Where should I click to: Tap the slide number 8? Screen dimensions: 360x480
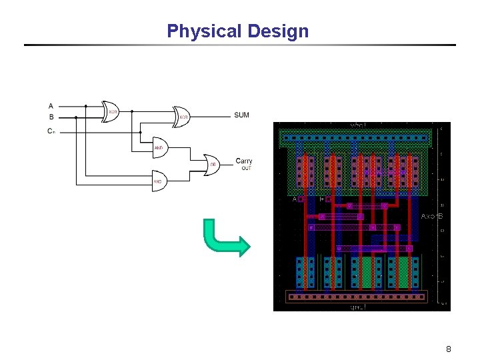pyautogui.click(x=449, y=349)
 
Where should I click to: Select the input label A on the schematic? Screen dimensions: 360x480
pyautogui.click(x=51, y=105)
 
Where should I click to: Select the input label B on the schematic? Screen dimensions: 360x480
pyautogui.click(x=51, y=117)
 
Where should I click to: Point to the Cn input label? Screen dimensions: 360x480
pyautogui.click(x=51, y=131)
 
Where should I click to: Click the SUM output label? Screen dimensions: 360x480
pyautogui.click(x=242, y=115)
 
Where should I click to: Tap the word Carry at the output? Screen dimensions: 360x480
pyautogui.click(x=244, y=161)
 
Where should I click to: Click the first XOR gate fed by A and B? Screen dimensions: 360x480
pyautogui.click(x=111, y=112)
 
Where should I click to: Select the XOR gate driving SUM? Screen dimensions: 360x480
pyautogui.click(x=181, y=117)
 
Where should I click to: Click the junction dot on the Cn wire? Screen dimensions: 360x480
pyautogui.click(x=141, y=132)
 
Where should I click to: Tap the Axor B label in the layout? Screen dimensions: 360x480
pyautogui.click(x=432, y=217)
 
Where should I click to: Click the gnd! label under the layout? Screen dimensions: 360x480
pyautogui.click(x=357, y=307)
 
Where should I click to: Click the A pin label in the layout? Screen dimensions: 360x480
pyautogui.click(x=294, y=199)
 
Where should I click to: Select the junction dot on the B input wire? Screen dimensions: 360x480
pyautogui.click(x=76, y=117)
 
